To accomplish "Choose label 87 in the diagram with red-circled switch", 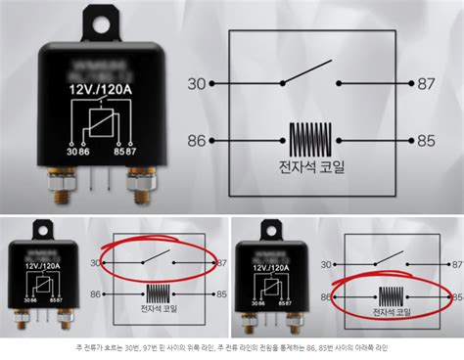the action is tap(221, 263).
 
